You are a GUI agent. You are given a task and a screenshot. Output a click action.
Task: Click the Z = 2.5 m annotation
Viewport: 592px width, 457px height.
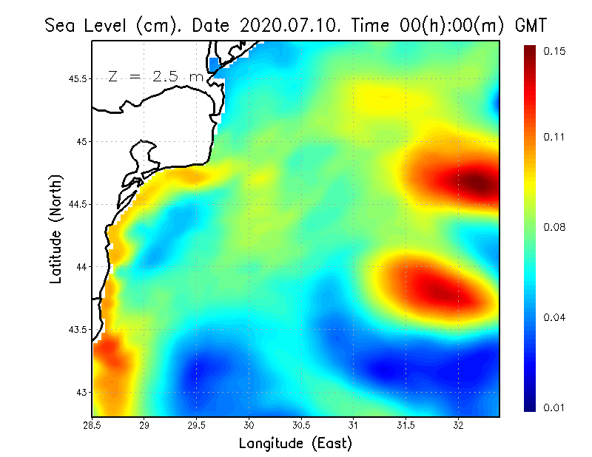(x=155, y=77)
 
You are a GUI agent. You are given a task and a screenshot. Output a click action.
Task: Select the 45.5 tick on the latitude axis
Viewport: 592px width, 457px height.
(x=75, y=78)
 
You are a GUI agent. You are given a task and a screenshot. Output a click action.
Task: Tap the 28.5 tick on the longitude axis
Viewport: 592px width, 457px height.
(x=92, y=424)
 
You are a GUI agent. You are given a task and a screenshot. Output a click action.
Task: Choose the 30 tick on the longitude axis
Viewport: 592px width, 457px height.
(x=249, y=424)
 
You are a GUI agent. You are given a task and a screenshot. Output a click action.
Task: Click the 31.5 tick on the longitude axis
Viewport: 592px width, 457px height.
(x=406, y=424)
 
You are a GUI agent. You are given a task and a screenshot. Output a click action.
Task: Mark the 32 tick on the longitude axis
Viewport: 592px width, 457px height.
(x=458, y=424)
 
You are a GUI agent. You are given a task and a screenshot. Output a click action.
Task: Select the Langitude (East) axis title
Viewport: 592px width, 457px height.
(x=295, y=444)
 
